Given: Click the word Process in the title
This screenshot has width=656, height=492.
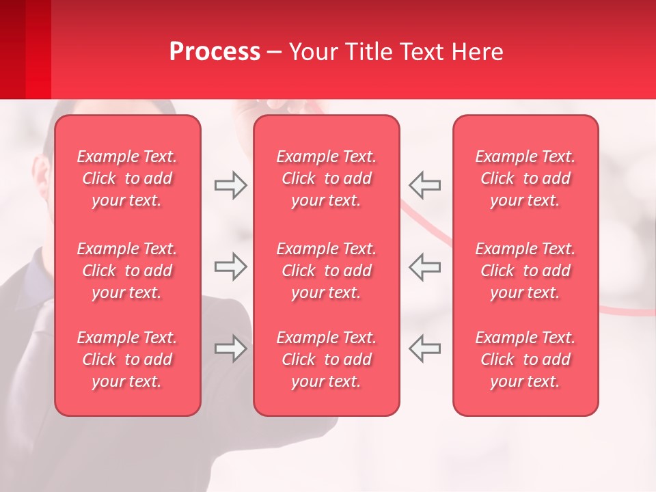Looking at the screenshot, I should point(215,52).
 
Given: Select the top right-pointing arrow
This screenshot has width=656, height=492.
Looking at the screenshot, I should point(230,185).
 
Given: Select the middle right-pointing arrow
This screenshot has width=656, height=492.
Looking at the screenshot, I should point(230,266).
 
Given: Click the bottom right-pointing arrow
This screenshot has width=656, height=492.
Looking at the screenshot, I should point(230,348).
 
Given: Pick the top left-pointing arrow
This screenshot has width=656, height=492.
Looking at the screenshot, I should point(425,185).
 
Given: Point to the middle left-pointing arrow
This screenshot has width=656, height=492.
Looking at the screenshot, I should point(425,266).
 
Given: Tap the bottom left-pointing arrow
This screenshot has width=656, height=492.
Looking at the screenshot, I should point(425,348).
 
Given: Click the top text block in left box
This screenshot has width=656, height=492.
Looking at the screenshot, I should point(127,178).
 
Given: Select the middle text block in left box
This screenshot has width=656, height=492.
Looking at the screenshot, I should point(127,271).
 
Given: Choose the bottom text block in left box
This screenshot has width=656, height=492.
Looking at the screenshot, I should point(127,359).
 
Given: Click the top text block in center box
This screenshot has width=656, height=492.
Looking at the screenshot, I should point(326,178).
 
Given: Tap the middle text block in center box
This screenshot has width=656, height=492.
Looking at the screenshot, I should point(326,271).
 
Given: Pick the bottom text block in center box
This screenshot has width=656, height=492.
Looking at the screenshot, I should point(326,359).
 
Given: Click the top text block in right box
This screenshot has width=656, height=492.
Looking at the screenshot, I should point(525,178).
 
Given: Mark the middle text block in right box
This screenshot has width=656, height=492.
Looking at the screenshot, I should point(525,271).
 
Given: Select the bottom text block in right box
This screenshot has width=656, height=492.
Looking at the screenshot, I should point(525,359).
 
